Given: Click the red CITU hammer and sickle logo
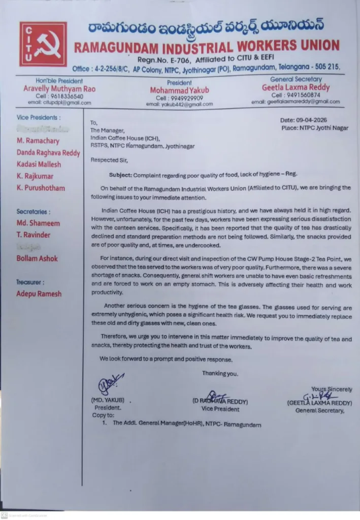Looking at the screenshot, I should click(43, 44).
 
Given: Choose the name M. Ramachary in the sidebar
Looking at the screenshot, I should click(38, 141).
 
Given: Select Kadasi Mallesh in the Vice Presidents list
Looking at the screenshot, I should click(39, 164).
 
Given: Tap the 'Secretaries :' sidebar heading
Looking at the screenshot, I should click(34, 211).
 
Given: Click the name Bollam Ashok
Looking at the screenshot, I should click(37, 258).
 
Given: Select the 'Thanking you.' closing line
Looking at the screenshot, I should click(220, 374).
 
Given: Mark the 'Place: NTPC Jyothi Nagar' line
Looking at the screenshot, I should click(315, 128).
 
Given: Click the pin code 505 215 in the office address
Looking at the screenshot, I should click(325, 68).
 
